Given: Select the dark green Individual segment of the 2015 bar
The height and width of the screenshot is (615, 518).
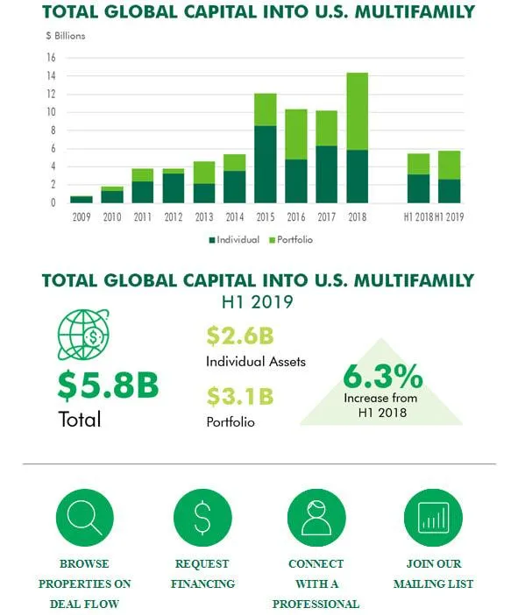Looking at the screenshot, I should tap(266, 165).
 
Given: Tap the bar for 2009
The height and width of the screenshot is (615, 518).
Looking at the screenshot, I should tap(82, 199).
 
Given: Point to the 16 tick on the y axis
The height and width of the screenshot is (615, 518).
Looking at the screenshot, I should tap(51, 58).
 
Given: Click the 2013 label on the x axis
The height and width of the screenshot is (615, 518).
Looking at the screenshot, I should tap(204, 216).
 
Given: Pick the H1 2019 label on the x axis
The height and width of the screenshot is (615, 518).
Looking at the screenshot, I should tap(449, 216).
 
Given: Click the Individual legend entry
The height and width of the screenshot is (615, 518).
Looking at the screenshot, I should tap(234, 239).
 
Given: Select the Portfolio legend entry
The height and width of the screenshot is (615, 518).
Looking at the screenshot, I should tap(292, 239).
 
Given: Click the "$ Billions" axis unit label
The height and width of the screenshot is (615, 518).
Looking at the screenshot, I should tap(66, 36).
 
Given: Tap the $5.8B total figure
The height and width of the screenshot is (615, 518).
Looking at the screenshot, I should tap(108, 385).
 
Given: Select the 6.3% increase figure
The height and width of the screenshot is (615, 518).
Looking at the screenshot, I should tap(382, 377).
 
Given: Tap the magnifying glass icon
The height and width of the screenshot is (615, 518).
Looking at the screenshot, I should tap(85, 517).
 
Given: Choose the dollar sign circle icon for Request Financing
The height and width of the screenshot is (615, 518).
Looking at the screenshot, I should tap(202, 517).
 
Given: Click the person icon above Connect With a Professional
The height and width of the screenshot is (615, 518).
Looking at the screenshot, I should tap(316, 517).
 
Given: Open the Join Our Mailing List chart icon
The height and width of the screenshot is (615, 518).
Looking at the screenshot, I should tap(432, 517).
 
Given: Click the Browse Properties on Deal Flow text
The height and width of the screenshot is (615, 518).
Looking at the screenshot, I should tap(85, 583).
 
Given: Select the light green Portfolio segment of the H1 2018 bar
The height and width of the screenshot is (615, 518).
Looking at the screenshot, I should tap(419, 164).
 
